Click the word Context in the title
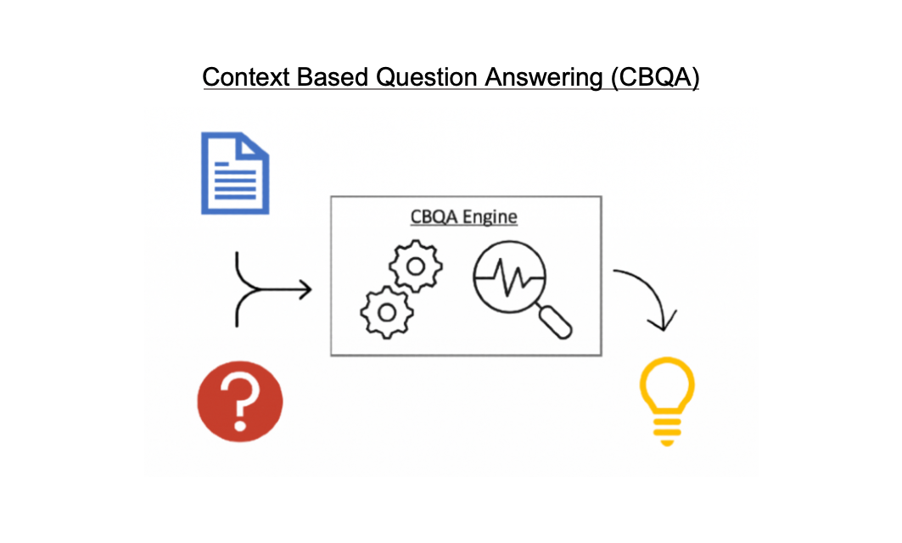pyautogui.click(x=245, y=77)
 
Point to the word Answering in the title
pyautogui.click(x=544, y=78)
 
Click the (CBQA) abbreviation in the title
pyautogui.click(x=655, y=78)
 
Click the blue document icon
pyautogui.click(x=235, y=173)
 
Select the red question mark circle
pyautogui.click(x=240, y=401)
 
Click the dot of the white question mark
pyautogui.click(x=240, y=426)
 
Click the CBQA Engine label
pyautogui.click(x=463, y=217)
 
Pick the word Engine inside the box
pyautogui.click(x=490, y=217)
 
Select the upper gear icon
pyautogui.click(x=415, y=266)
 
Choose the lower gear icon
pyautogui.click(x=387, y=312)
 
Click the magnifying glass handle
pyautogui.click(x=555, y=322)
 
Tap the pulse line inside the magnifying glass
pyautogui.click(x=510, y=277)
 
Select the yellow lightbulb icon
pyautogui.click(x=667, y=401)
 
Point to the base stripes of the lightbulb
pyautogui.click(x=667, y=430)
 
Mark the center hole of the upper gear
pyautogui.click(x=415, y=266)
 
